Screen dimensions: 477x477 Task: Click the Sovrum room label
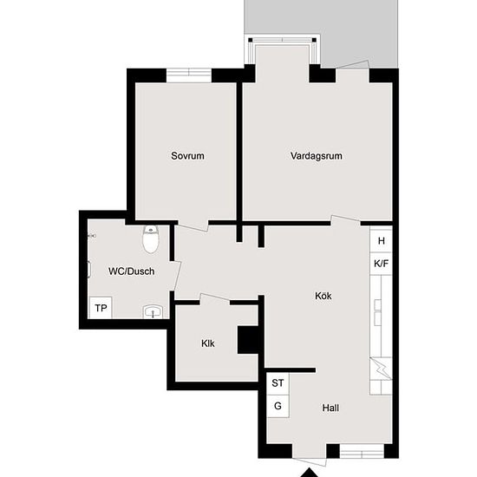point(187,156)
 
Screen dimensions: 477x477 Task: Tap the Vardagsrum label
point(317,156)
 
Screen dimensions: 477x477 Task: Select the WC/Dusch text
point(131,271)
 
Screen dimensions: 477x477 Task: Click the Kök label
point(323,296)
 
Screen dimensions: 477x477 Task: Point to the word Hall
point(330,408)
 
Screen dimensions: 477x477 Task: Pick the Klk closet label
point(208,343)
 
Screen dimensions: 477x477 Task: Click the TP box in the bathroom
point(101,309)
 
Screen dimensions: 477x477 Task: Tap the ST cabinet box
point(278,382)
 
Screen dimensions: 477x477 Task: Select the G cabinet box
point(278,405)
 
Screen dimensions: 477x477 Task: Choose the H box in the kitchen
point(381,240)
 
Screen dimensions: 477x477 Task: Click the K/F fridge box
point(381,263)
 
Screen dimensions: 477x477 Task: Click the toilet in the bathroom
point(151,239)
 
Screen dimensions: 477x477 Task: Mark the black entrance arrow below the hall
point(308,473)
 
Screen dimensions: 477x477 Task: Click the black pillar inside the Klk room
point(250,339)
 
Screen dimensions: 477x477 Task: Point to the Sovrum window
point(190,75)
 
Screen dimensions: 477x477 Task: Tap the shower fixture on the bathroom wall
point(90,269)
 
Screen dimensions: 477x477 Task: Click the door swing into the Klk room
point(214,299)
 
